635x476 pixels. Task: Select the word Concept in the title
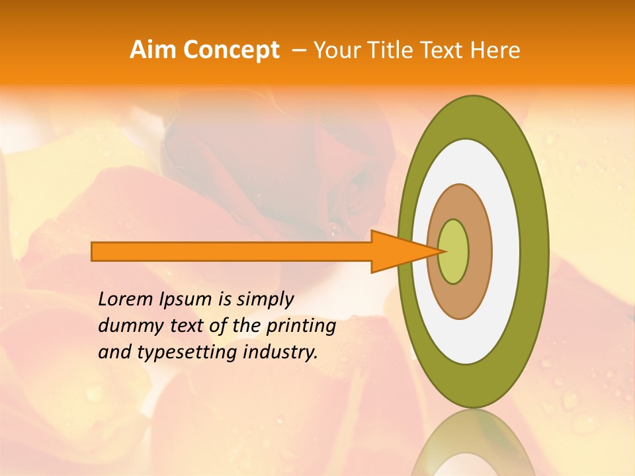(x=231, y=50)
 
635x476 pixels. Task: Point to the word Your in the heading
(x=337, y=50)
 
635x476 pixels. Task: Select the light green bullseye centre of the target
(x=454, y=252)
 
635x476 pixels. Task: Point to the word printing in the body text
(x=301, y=327)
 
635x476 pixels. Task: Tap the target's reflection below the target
(x=473, y=443)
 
